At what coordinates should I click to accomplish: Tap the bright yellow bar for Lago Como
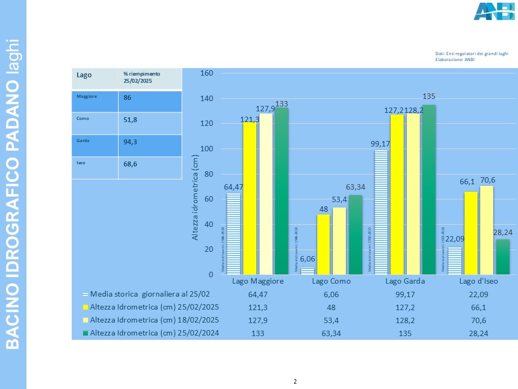[323, 244]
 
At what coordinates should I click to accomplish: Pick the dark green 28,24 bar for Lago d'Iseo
[503, 257]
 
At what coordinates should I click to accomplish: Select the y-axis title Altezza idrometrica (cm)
[196, 197]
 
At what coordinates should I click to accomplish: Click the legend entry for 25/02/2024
[154, 333]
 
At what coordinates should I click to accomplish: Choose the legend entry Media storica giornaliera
[149, 294]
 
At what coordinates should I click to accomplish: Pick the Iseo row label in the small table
[81, 162]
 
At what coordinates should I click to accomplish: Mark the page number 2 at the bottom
[295, 382]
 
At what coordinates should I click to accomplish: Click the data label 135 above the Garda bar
[428, 96]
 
